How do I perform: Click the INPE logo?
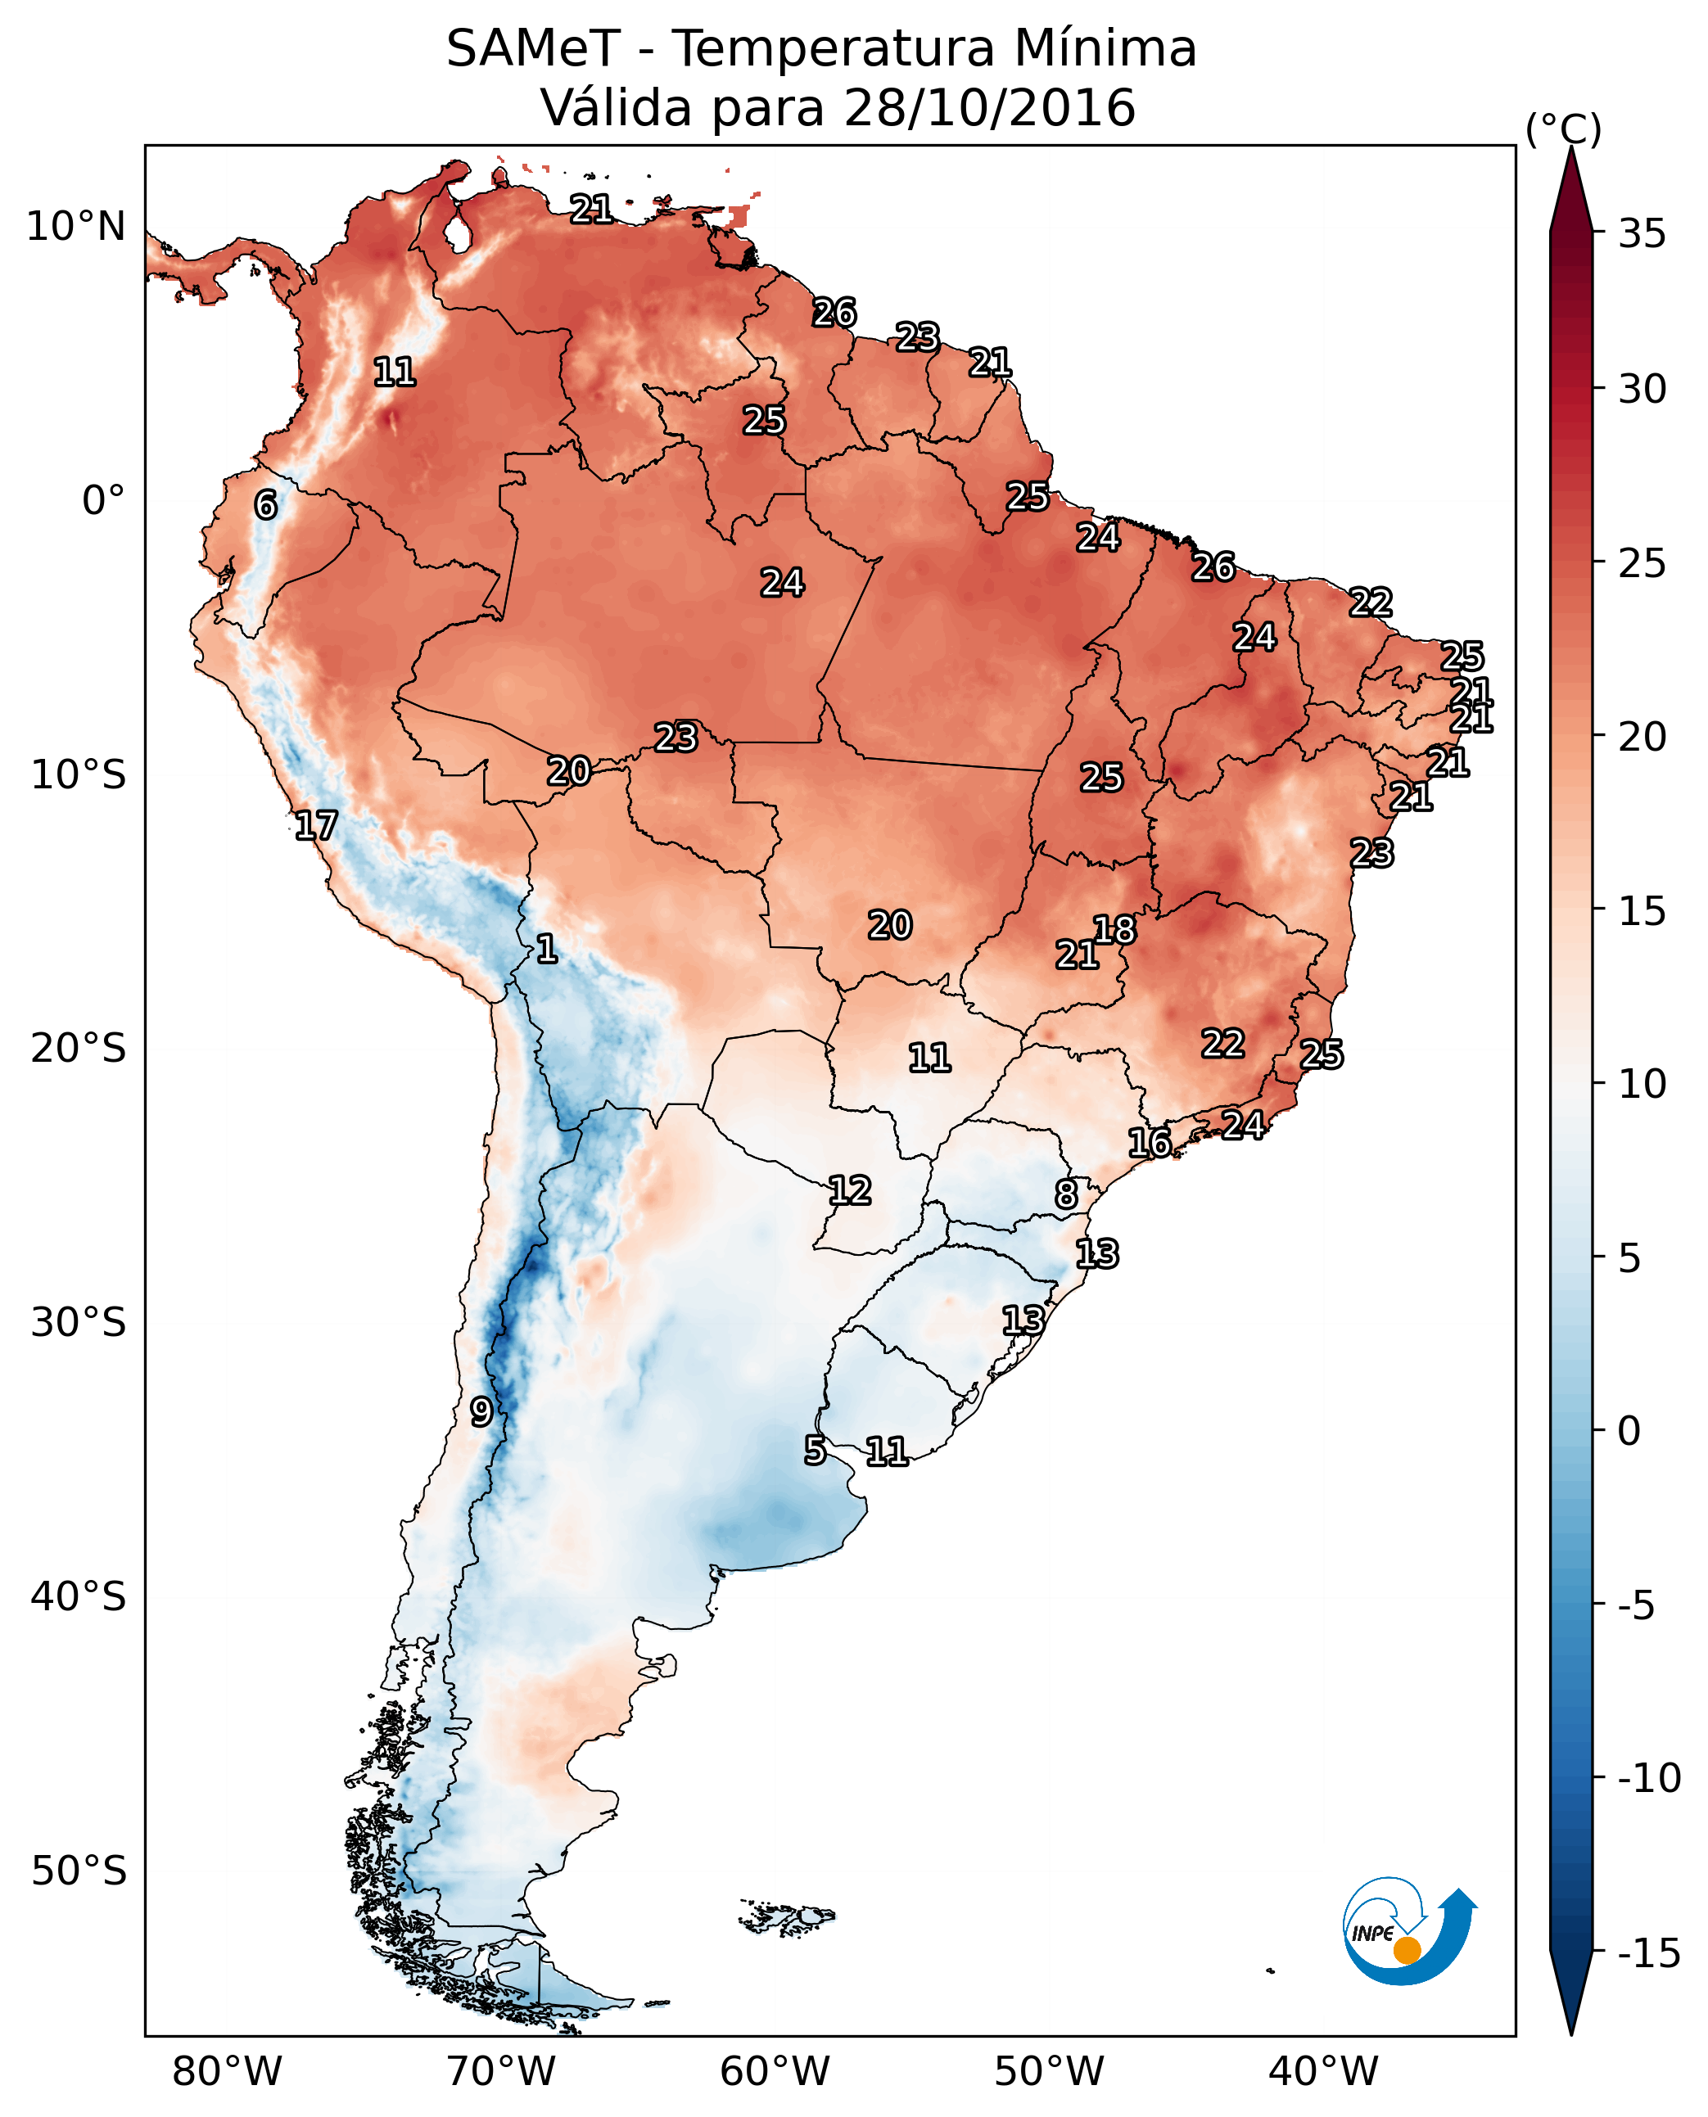coord(1407,1932)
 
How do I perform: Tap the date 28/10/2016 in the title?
coord(989,107)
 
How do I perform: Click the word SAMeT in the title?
coord(533,48)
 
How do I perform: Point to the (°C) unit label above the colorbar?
coord(1563,129)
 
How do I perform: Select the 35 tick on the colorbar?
coord(1642,234)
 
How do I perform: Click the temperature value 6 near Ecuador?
coord(265,504)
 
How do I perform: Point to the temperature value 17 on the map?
coord(316,825)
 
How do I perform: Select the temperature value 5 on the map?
coord(815,1450)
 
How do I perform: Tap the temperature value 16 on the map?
coord(1149,1143)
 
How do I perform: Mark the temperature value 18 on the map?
coord(1114,930)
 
